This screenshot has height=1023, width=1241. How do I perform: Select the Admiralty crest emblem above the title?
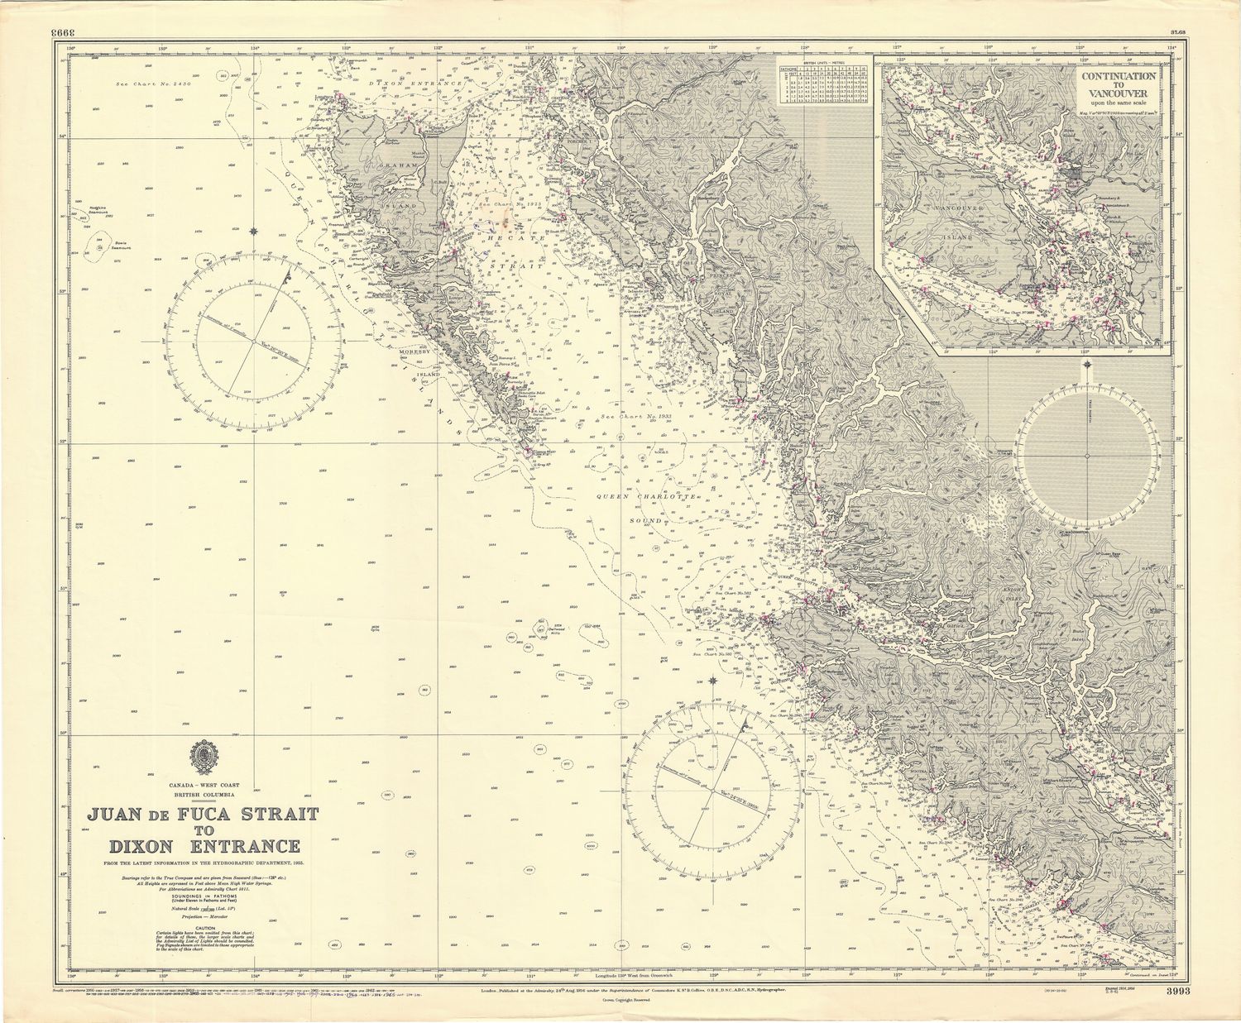click(x=203, y=757)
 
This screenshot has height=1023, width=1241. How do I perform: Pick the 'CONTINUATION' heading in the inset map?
click(x=1118, y=74)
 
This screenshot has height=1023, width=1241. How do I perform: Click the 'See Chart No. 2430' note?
click(x=153, y=84)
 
